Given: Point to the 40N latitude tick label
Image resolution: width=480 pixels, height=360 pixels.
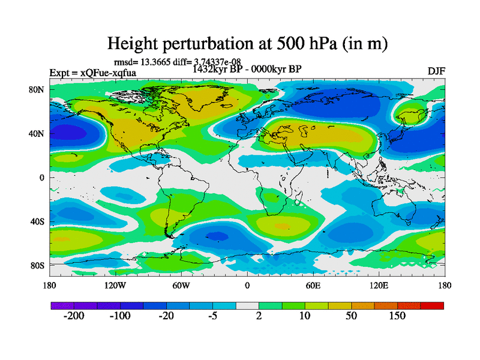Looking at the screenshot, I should [37, 133].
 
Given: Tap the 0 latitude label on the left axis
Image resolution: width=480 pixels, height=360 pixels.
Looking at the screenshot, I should [42, 177].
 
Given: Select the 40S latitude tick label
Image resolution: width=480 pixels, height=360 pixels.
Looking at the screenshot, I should [37, 221].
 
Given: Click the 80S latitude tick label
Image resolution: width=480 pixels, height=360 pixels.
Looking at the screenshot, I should [37, 265].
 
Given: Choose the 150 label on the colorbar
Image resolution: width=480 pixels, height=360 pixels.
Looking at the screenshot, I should [397, 316].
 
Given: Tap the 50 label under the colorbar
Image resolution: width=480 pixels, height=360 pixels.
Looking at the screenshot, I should [352, 316].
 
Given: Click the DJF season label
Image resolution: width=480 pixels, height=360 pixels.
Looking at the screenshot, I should [436, 71].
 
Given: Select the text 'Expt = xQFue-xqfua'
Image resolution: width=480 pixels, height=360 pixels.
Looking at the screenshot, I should [93, 73].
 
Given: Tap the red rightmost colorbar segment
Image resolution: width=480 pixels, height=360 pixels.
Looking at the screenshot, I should [432, 305].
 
